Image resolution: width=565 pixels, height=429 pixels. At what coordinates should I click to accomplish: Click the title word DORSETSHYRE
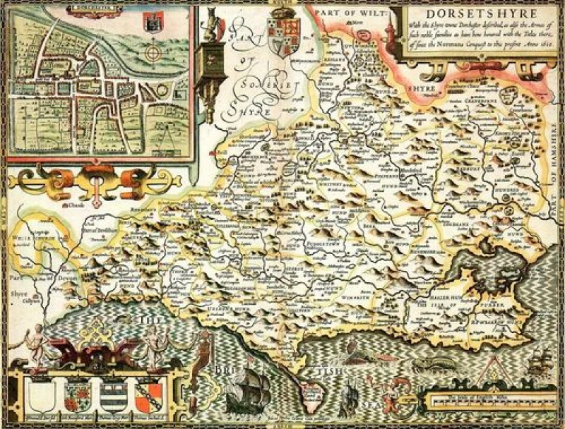tap(472, 15)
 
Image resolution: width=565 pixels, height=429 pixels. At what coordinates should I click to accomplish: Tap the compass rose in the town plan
tap(153, 54)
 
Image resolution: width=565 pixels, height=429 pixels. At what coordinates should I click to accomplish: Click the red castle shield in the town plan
tap(150, 23)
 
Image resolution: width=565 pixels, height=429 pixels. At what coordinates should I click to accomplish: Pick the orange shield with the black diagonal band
tap(149, 397)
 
